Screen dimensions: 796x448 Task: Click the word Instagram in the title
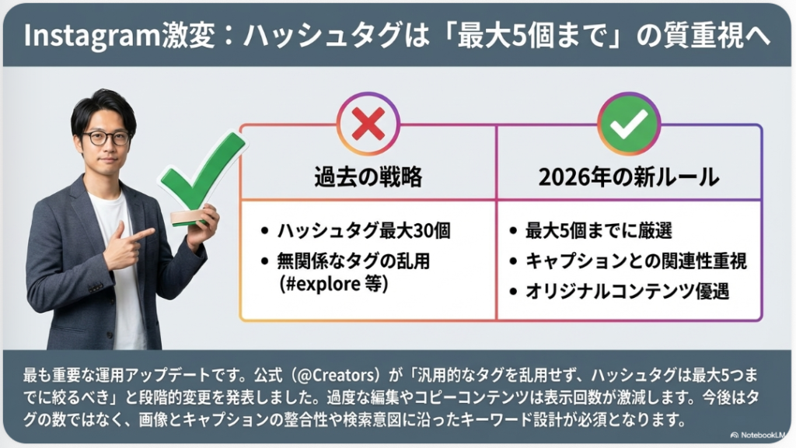(93, 36)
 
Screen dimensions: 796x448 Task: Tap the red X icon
(368, 124)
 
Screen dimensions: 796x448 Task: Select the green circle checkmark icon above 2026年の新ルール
(628, 124)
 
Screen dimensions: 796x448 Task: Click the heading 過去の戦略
(368, 177)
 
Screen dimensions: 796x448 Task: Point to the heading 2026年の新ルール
(628, 177)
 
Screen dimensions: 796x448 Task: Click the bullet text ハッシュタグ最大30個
(364, 230)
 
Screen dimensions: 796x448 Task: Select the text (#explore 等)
(333, 283)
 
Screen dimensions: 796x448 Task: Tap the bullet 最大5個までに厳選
(599, 230)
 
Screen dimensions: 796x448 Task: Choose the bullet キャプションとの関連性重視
(636, 261)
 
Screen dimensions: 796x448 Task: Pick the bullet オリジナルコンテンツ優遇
(627, 292)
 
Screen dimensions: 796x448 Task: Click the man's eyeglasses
(106, 138)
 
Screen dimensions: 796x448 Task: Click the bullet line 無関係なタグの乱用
(354, 261)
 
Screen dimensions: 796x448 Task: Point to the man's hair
(104, 108)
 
